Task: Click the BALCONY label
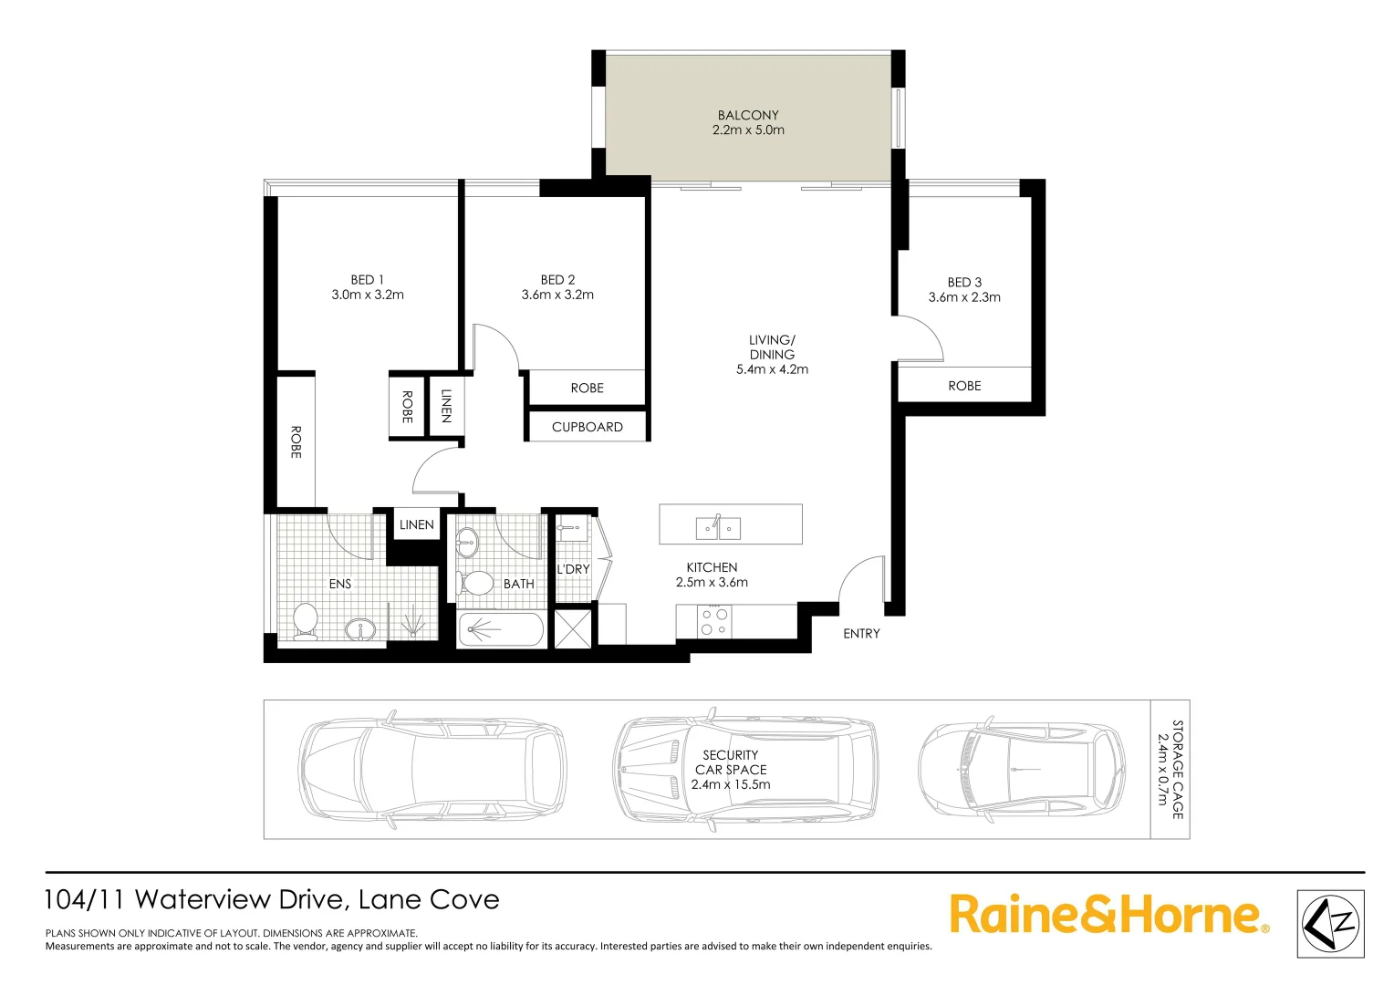748,115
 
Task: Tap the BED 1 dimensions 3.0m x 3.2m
368,295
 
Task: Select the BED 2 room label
557,280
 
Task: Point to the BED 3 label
964,283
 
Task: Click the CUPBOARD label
587,427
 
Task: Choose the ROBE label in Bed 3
964,386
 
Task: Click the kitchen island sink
718,526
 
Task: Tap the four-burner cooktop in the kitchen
714,622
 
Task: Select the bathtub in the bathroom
501,629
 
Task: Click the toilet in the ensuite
305,619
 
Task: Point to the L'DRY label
573,569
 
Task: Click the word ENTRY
861,633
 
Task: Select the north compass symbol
1330,924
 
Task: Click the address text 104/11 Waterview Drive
272,900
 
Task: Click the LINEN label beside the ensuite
416,524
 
